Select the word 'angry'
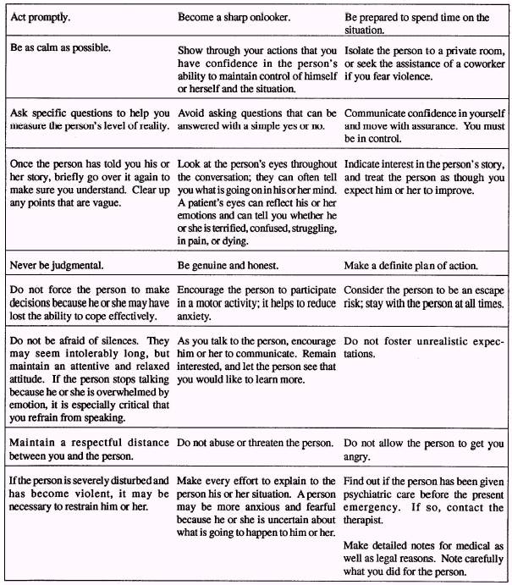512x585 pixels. point(361,456)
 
